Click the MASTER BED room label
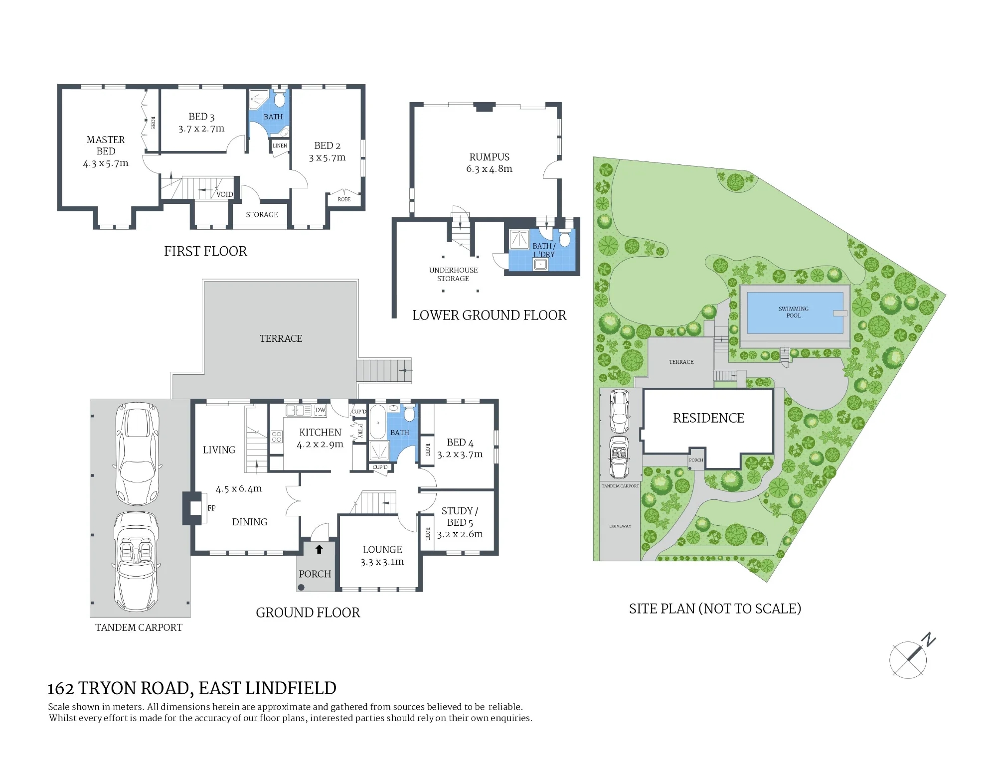coord(106,146)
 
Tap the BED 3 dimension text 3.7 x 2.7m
coord(201,129)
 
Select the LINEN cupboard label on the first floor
coord(280,146)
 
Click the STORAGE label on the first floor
coord(262,215)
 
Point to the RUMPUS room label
coord(490,157)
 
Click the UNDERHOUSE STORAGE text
coord(453,274)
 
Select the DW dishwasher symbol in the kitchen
coord(321,410)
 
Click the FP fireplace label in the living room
coord(211,508)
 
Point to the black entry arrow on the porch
coord(319,549)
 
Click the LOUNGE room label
coord(382,550)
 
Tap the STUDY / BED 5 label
coord(460,517)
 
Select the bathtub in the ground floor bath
coord(377,423)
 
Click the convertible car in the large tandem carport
coord(137,562)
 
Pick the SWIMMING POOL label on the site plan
coord(794,312)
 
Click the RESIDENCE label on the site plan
coord(708,418)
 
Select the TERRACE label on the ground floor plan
coord(281,338)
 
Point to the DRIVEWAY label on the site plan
coord(620,526)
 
